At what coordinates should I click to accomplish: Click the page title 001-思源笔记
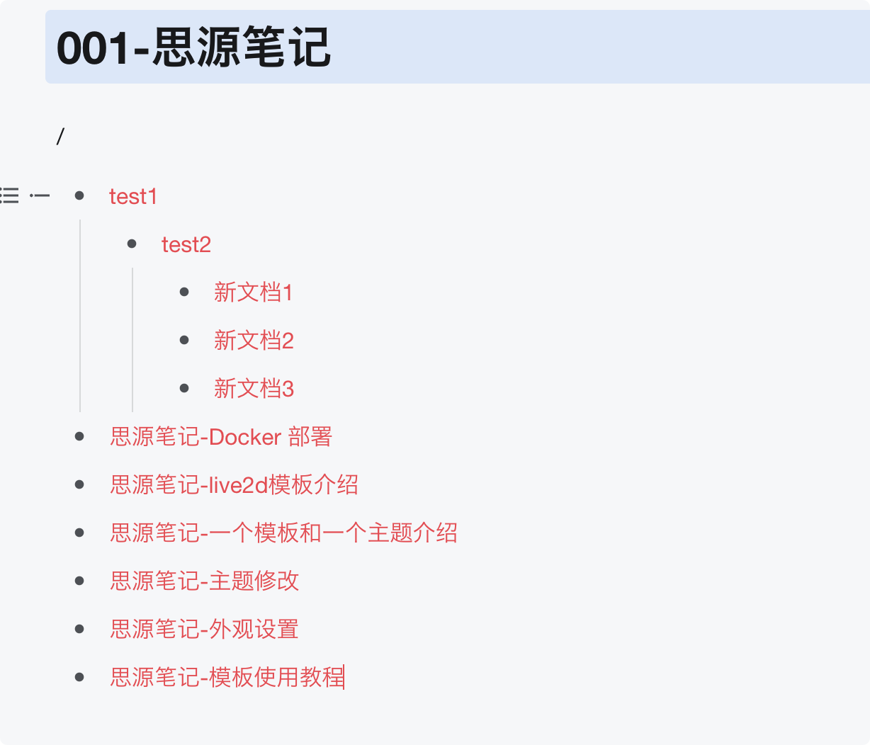[x=193, y=47]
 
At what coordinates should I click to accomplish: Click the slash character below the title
[x=60, y=136]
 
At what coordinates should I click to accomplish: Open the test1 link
[x=133, y=196]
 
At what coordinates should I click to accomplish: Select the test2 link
[x=186, y=244]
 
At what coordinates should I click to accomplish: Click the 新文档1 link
[x=254, y=292]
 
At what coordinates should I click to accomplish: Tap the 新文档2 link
[x=254, y=341]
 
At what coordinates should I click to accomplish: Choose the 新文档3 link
[x=254, y=389]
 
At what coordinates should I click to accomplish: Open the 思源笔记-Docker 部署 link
[x=221, y=437]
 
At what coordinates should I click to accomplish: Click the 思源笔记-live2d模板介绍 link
[x=234, y=485]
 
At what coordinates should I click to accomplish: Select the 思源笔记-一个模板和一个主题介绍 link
[x=283, y=533]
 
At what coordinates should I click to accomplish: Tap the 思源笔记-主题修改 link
[x=205, y=581]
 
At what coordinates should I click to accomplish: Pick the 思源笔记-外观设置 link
[x=204, y=630]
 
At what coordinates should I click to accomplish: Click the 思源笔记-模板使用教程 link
[x=227, y=678]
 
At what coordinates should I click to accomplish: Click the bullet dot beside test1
[x=79, y=195]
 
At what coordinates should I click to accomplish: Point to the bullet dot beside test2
[x=132, y=244]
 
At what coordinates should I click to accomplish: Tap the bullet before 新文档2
[x=184, y=340]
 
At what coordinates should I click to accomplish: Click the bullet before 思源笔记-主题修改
[x=79, y=581]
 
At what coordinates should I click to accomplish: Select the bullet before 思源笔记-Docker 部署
[x=79, y=436]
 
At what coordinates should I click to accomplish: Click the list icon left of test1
[x=10, y=195]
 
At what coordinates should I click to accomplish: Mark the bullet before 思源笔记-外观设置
[x=79, y=629]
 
